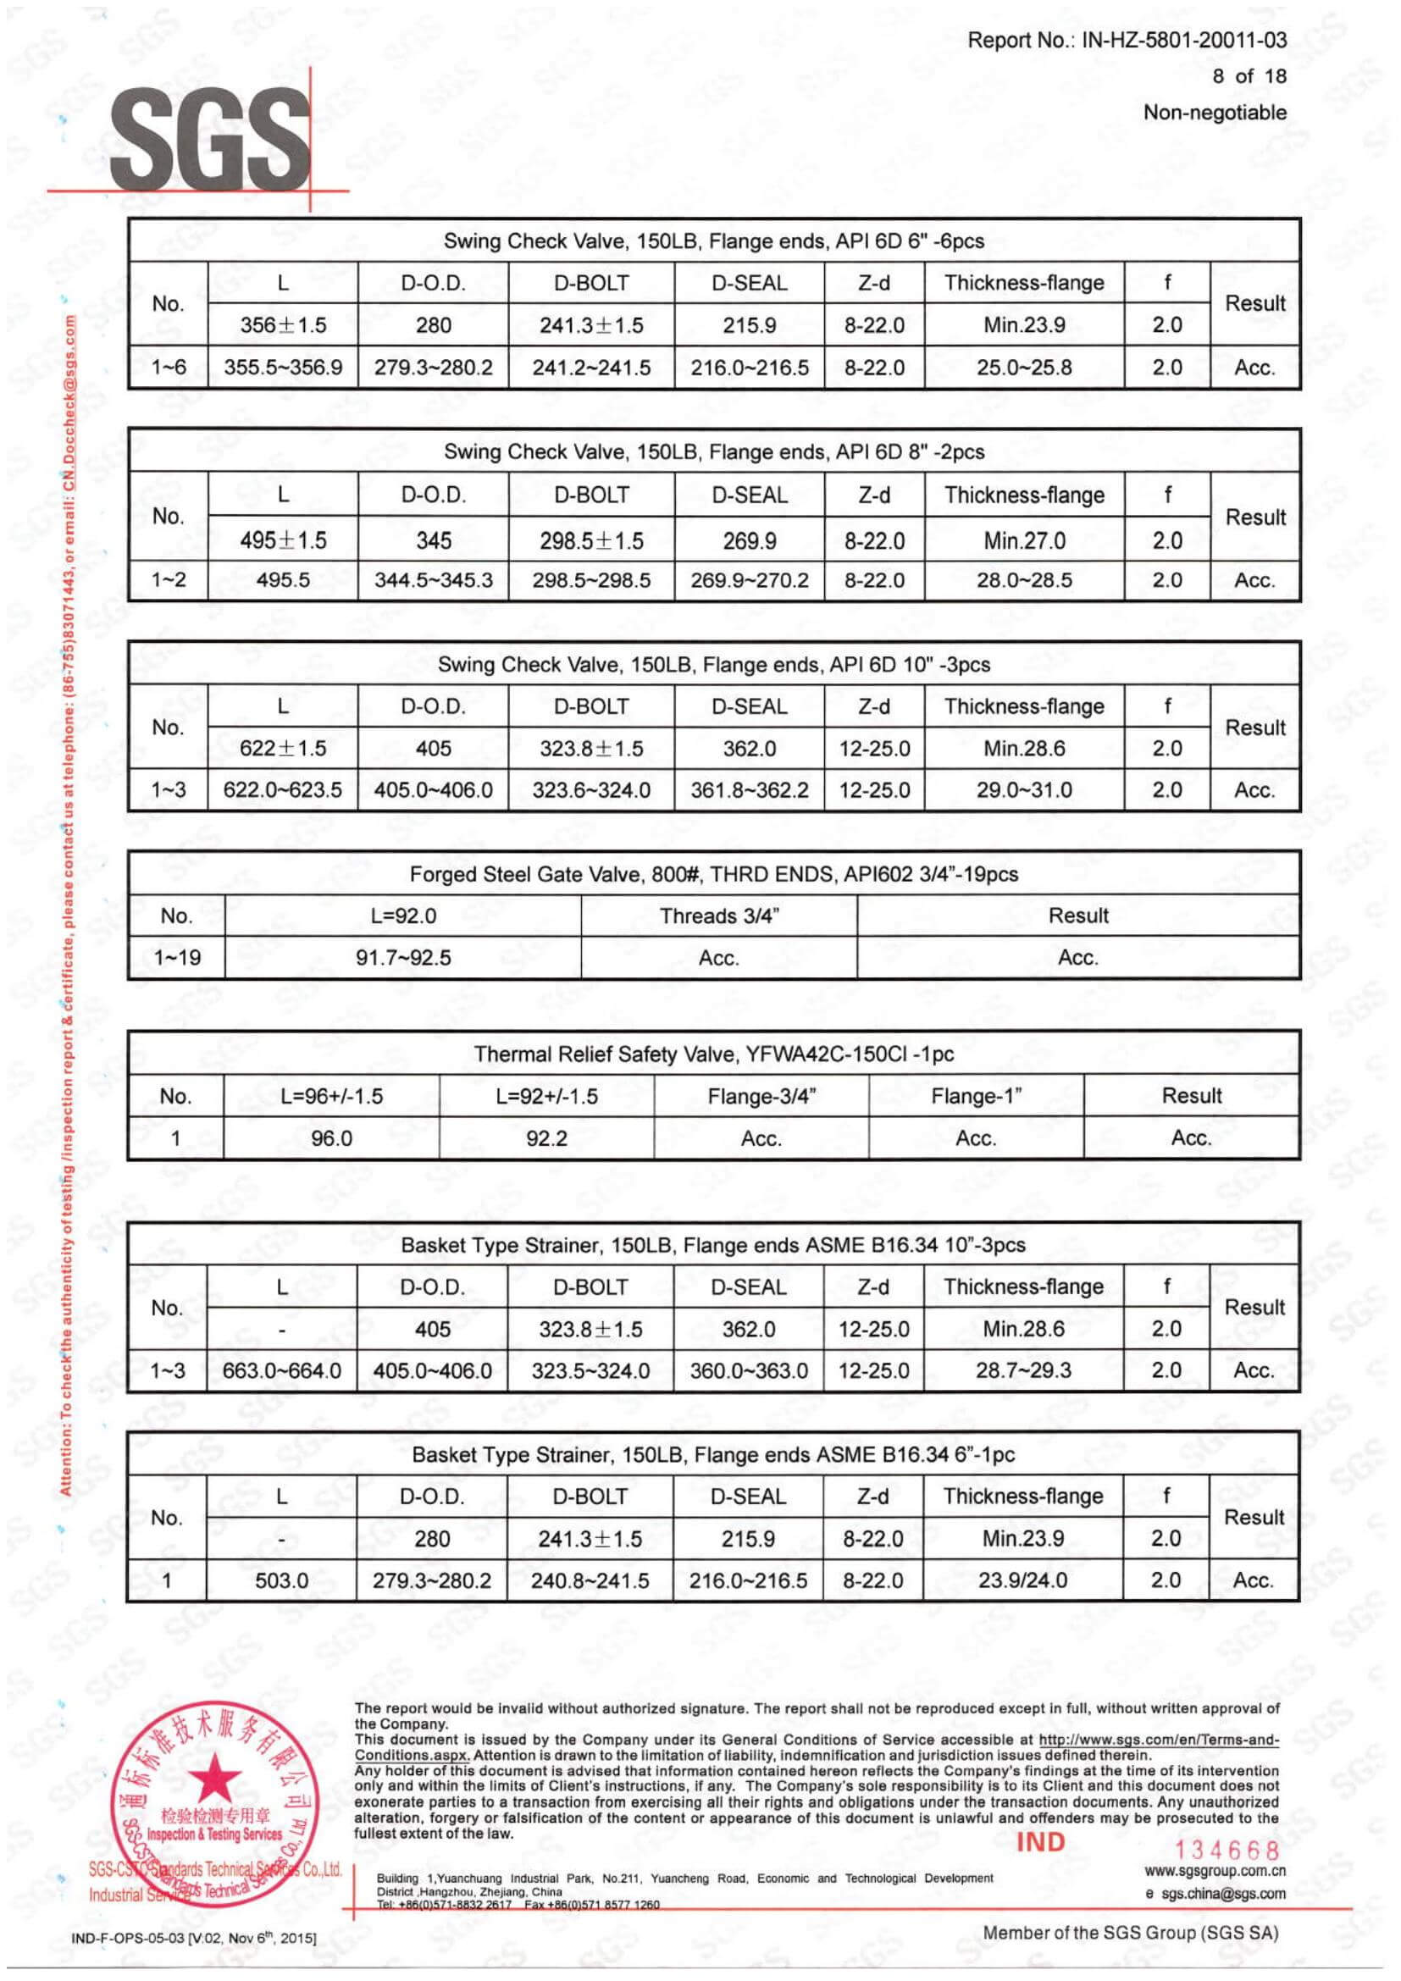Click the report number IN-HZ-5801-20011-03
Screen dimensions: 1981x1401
pyautogui.click(x=1183, y=40)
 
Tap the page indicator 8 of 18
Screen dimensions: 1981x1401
pyautogui.click(x=1249, y=76)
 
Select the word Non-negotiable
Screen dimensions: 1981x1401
pyautogui.click(x=1215, y=112)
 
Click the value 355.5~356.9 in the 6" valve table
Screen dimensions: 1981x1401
pyautogui.click(x=283, y=368)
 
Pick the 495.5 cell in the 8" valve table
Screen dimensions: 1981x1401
pyautogui.click(x=283, y=580)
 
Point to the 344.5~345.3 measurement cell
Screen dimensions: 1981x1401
pyautogui.click(x=433, y=580)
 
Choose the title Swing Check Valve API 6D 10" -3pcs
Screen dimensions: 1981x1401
pyautogui.click(x=713, y=664)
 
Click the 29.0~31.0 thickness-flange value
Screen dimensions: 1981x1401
pyautogui.click(x=1024, y=789)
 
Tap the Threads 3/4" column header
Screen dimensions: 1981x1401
pyautogui.click(x=718, y=916)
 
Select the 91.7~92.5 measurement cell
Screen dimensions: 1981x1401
pyautogui.click(x=403, y=958)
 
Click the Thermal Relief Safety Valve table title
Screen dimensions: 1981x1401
pyautogui.click(x=713, y=1054)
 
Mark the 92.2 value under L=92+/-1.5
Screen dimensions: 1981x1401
pyautogui.click(x=546, y=1138)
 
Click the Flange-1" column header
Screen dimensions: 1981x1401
pyautogui.click(x=976, y=1096)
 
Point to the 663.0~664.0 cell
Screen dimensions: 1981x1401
pyautogui.click(x=281, y=1370)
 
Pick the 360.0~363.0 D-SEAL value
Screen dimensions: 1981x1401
pyautogui.click(x=749, y=1370)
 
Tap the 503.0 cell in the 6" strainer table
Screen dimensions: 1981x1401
pyautogui.click(x=281, y=1580)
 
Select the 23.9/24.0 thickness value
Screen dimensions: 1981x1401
pyautogui.click(x=1022, y=1580)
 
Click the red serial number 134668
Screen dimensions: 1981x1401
pyautogui.click(x=1227, y=1850)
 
